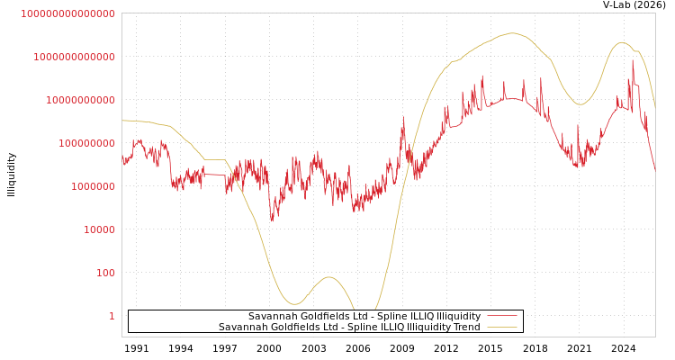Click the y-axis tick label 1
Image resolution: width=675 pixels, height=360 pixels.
112,316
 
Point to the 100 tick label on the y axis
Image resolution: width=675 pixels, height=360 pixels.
105,273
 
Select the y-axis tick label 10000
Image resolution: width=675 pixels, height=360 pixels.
99,229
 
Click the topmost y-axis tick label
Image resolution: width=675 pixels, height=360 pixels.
67,13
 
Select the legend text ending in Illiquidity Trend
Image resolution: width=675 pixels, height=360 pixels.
349,328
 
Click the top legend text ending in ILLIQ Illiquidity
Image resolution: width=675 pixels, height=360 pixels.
364,317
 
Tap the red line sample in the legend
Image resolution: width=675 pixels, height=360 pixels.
502,317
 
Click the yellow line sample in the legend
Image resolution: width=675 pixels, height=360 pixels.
502,328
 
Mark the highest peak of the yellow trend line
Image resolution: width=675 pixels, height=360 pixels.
512,33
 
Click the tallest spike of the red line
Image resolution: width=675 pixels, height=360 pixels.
633,60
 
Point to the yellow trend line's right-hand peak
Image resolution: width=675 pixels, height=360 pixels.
622,42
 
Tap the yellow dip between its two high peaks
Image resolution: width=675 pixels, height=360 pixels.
580,104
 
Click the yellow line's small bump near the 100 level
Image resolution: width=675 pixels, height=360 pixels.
328,277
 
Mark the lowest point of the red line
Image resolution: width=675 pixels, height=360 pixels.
273,220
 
